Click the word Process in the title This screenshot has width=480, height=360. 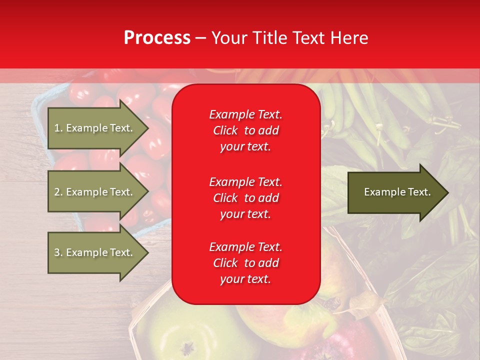point(157,38)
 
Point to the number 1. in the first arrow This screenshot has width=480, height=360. point(58,128)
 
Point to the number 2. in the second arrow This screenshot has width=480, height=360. point(58,192)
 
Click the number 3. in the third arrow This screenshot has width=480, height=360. point(58,252)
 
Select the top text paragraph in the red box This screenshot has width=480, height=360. point(245,130)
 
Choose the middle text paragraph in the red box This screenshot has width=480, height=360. point(245,198)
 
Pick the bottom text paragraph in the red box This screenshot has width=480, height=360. point(245,263)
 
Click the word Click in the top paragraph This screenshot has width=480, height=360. point(225,130)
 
